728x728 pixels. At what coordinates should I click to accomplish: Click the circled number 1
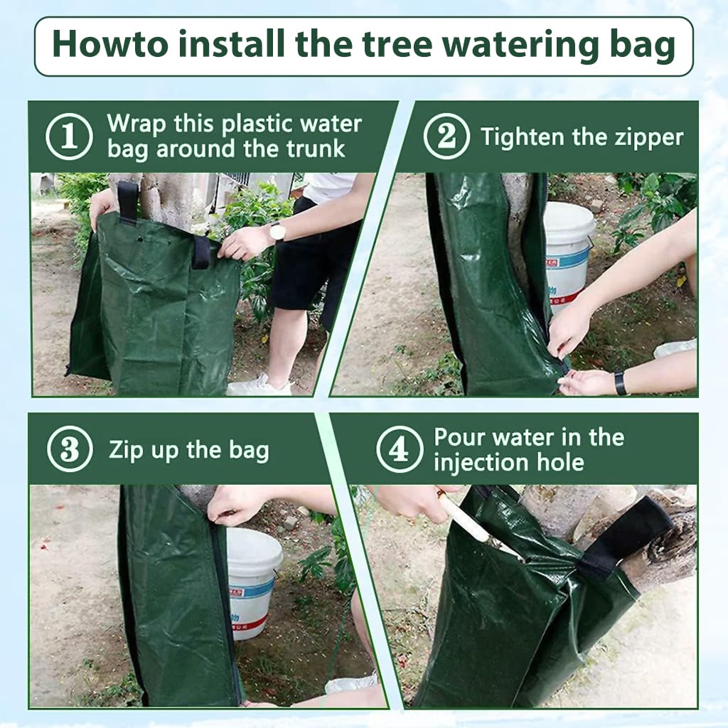69,136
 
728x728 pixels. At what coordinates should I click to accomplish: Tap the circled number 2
446,136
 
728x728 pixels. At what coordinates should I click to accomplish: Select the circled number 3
70,449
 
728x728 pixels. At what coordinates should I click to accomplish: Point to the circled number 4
400,449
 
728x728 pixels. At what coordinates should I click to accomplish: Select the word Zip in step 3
125,450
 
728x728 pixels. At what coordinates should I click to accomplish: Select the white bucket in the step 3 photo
254,583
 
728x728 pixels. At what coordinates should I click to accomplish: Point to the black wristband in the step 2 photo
620,383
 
